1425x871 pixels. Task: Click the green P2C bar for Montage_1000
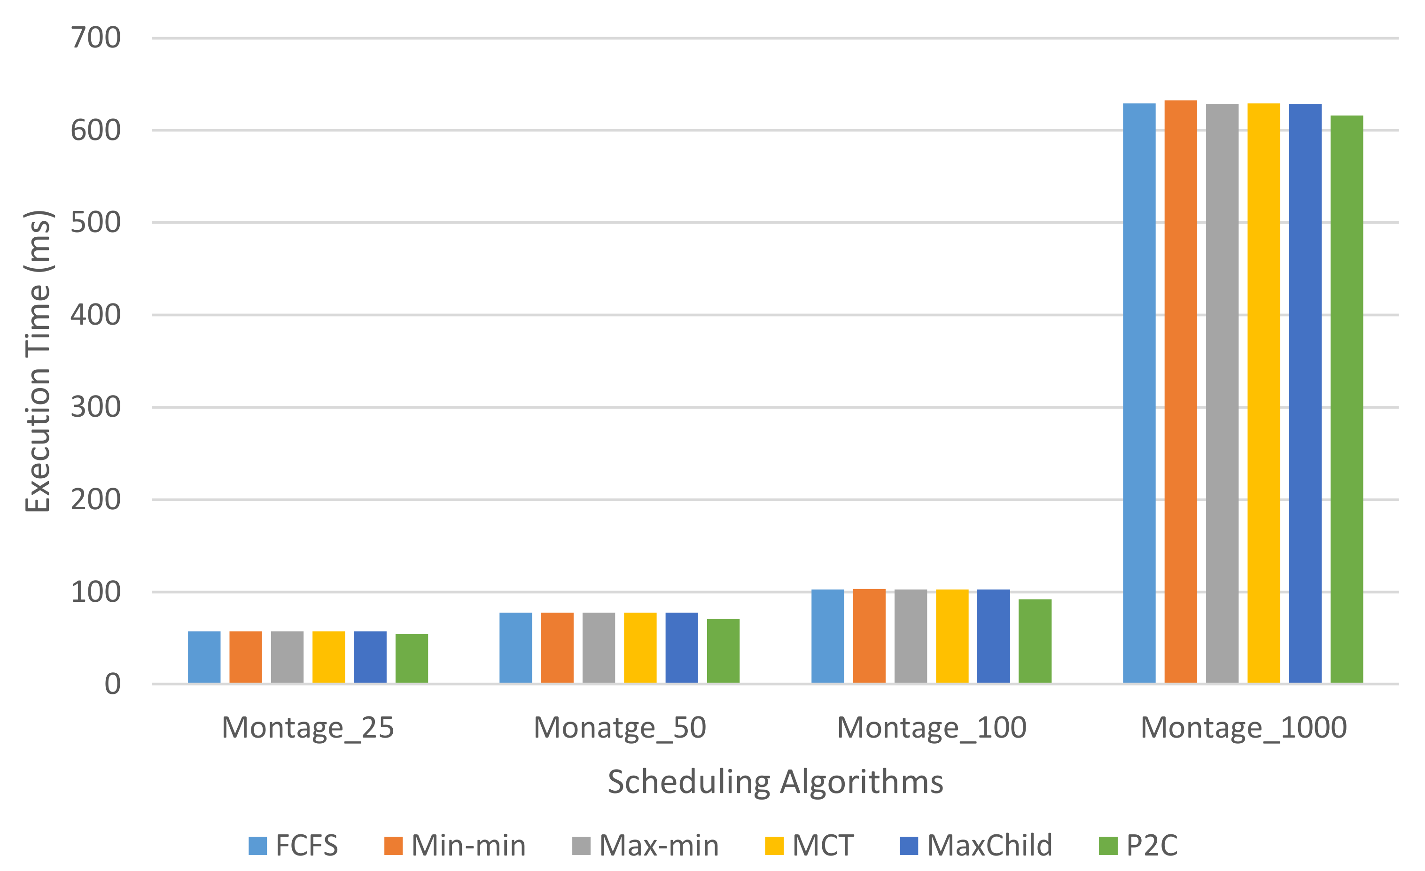1347,399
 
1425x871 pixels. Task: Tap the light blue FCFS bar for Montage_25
204,657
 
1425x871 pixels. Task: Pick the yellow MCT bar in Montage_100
952,636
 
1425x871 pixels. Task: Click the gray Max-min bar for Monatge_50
599,648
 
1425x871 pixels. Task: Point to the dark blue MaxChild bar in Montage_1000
1305,393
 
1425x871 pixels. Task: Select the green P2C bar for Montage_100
1035,641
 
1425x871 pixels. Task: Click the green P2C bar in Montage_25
412,658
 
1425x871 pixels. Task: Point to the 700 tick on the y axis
95,38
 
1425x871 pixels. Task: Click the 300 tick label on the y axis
95,407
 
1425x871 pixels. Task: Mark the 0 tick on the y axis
112,684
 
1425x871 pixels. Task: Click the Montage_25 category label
308,728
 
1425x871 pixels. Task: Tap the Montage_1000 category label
1243,728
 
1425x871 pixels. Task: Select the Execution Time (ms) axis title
38,361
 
